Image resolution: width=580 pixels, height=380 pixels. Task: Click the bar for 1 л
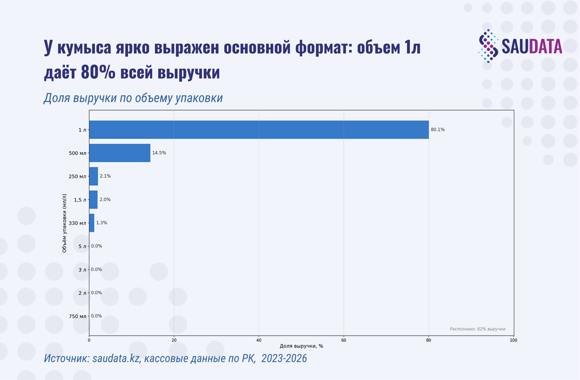[x=259, y=130]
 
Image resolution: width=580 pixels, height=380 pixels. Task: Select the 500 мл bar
[x=120, y=153]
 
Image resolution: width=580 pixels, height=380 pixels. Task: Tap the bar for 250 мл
[x=94, y=176]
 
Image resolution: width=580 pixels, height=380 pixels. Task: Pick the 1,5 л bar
[x=93, y=200]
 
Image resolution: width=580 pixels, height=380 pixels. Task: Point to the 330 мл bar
[x=92, y=223]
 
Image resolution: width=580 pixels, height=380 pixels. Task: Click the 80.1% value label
[x=438, y=130]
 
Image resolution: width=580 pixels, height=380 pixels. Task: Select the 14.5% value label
[x=159, y=153]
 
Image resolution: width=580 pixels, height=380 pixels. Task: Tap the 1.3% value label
[x=102, y=223]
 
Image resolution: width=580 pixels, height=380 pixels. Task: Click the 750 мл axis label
[x=77, y=316]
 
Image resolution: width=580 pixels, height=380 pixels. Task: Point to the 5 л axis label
[x=82, y=246]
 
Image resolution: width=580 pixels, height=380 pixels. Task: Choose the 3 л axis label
[x=82, y=270]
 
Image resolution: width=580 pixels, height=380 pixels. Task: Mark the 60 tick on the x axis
[x=344, y=340]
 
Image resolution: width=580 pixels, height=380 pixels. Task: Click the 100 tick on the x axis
[x=514, y=340]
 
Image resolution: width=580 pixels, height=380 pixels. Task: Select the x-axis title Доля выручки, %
[x=301, y=346]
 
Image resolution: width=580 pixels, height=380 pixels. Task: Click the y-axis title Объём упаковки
[x=64, y=223]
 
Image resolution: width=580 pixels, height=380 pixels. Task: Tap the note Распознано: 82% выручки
[x=477, y=329]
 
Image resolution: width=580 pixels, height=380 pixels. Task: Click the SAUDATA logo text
[x=531, y=46]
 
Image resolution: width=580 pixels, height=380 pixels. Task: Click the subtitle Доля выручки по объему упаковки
[x=133, y=98]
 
